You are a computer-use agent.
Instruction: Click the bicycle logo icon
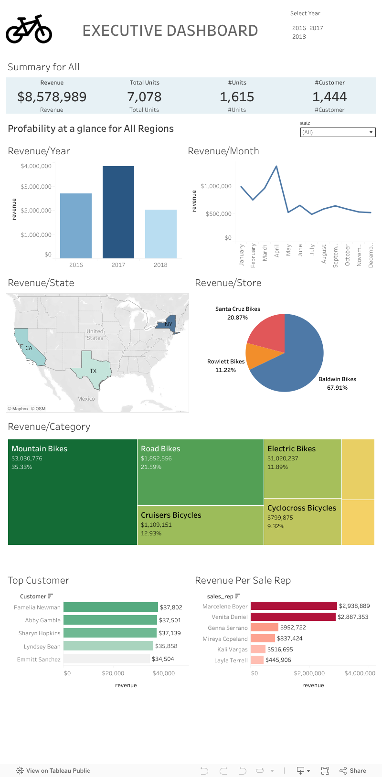click(29, 29)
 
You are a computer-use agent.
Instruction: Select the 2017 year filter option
click(316, 28)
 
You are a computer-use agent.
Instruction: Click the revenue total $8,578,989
click(52, 97)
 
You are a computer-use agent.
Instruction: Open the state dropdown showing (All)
click(338, 132)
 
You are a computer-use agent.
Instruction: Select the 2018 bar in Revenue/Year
click(160, 234)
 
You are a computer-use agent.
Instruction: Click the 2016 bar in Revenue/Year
click(75, 225)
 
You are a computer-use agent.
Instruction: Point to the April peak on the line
click(276, 167)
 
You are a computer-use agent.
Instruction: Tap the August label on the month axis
click(324, 254)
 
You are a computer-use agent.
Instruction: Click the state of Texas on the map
click(94, 368)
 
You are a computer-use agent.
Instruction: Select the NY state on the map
click(168, 324)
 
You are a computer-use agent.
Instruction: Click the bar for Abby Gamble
click(110, 620)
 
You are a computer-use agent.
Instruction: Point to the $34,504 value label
click(163, 659)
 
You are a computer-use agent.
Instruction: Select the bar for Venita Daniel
click(293, 617)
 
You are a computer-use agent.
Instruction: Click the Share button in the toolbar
click(353, 770)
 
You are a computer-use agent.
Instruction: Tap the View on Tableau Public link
click(53, 770)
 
